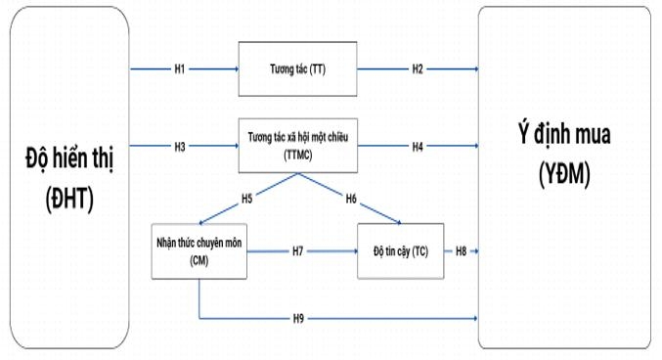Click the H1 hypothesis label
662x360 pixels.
(x=180, y=69)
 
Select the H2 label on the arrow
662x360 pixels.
(x=418, y=69)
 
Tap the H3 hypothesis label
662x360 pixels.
(x=180, y=147)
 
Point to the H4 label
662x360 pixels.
(x=418, y=147)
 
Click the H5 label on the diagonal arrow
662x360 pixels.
(x=247, y=198)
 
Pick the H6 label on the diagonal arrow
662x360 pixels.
(x=350, y=198)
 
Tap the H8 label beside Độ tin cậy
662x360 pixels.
(x=461, y=251)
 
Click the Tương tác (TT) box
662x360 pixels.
(x=297, y=69)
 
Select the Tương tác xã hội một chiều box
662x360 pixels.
(x=297, y=147)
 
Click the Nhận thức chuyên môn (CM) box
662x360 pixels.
(x=198, y=251)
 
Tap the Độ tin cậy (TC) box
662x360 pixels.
(x=399, y=251)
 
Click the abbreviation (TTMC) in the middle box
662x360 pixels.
(x=298, y=155)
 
